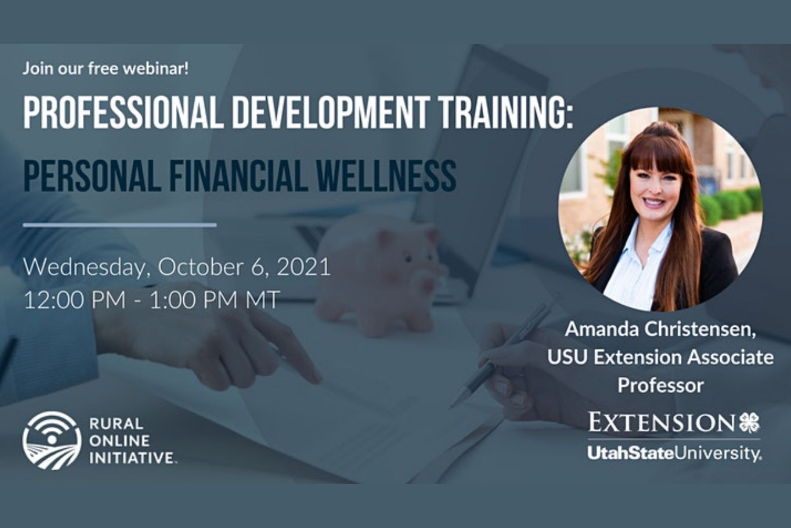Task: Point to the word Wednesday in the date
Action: [83, 268]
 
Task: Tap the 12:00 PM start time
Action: [74, 300]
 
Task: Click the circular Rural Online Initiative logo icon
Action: [52, 440]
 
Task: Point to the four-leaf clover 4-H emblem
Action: [749, 423]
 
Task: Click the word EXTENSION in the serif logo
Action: [661, 423]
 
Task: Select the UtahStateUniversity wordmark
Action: [674, 454]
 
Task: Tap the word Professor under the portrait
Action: [660, 385]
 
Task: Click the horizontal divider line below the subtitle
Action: [120, 225]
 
